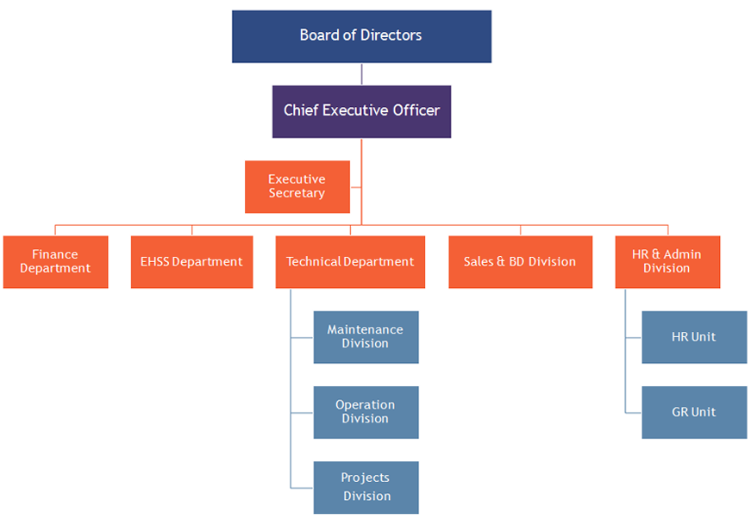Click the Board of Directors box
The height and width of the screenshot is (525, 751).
(x=361, y=36)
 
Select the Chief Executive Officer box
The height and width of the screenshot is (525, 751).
(x=361, y=111)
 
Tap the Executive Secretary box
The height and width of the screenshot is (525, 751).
(x=297, y=186)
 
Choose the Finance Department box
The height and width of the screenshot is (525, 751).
(x=55, y=261)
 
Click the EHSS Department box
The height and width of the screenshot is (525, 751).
(x=191, y=261)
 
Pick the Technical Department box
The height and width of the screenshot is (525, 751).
(x=350, y=261)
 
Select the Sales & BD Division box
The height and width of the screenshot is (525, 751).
(x=520, y=261)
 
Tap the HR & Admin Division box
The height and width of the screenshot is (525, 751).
(x=667, y=261)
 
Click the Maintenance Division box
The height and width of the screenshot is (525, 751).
(x=366, y=336)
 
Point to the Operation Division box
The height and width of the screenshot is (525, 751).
(x=366, y=411)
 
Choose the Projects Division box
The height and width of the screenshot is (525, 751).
(x=366, y=487)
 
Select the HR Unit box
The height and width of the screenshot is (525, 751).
(x=694, y=336)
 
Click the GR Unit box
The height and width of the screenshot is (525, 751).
(x=694, y=411)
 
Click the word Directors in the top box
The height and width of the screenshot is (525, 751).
(x=391, y=35)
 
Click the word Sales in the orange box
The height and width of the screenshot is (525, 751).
(x=479, y=261)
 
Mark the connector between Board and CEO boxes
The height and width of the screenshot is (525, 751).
(x=361, y=74)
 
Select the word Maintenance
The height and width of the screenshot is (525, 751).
(x=365, y=329)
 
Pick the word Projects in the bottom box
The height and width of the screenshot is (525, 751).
(x=365, y=478)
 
